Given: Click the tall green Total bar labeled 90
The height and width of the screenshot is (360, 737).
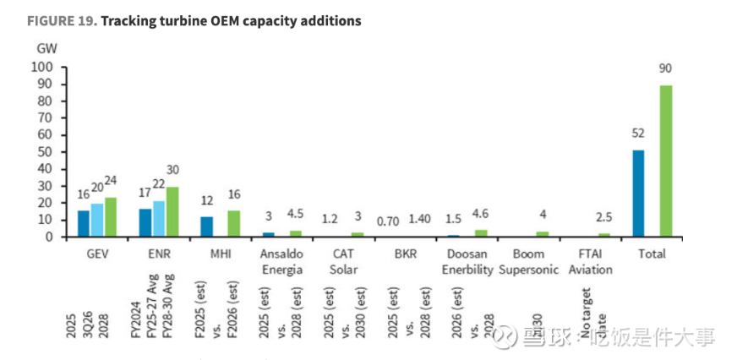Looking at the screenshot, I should [666, 161].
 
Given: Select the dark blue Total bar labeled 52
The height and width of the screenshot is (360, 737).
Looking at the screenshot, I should [638, 194].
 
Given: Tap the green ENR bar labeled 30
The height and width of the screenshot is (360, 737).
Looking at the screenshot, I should [172, 212].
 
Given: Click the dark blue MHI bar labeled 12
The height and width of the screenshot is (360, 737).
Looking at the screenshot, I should [207, 226].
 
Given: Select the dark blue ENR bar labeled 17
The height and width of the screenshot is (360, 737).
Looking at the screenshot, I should [145, 222].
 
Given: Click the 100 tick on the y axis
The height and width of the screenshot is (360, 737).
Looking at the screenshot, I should [42, 67].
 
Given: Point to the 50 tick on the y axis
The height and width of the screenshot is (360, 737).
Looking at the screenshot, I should [46, 152].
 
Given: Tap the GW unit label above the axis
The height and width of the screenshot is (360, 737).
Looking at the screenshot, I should [46, 47].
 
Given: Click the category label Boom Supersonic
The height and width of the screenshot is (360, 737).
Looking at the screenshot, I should [529, 262].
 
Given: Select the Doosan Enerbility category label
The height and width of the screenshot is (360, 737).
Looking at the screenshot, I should [467, 262].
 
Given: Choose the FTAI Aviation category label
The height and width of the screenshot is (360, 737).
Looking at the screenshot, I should [590, 262].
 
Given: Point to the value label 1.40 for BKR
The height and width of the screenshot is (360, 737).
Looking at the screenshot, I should [418, 219].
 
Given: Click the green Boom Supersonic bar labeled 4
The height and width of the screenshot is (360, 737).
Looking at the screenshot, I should [542, 234].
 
